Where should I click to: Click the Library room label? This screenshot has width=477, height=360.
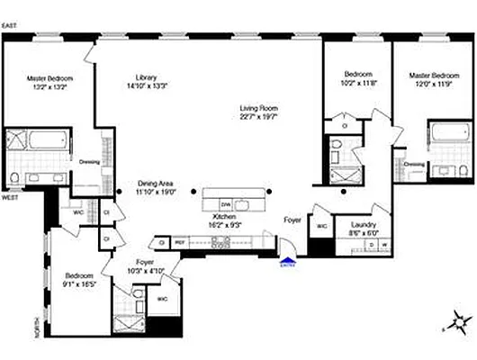pos(147,76)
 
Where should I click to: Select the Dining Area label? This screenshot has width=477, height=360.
pos(155,184)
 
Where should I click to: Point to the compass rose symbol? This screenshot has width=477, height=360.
pos(458,319)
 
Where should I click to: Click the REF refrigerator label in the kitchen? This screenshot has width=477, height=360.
pos(179,242)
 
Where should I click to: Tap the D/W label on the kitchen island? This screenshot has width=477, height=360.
pos(226,204)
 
